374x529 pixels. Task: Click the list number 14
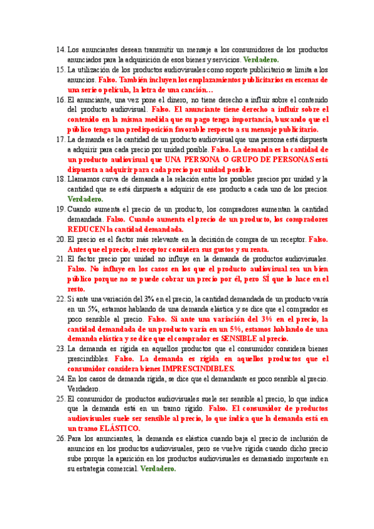coord(60,49)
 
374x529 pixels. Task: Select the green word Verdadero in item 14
coord(261,59)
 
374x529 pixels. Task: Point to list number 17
coord(60,140)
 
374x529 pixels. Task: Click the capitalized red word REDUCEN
coord(86,230)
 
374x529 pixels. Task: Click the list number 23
coord(60,349)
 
